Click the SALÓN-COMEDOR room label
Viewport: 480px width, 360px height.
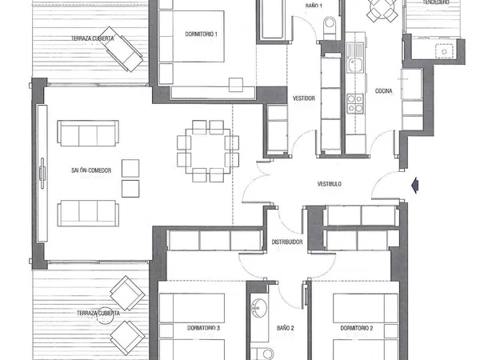(x=91, y=170)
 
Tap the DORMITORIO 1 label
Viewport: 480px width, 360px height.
(x=201, y=34)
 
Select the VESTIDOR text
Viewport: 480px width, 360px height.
(x=304, y=98)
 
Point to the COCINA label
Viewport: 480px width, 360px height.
(x=383, y=91)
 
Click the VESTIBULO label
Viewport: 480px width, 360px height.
(x=330, y=184)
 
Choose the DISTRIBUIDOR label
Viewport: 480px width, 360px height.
(x=287, y=242)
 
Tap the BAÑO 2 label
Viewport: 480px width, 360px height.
(x=286, y=328)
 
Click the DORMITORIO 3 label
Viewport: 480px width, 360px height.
(x=203, y=328)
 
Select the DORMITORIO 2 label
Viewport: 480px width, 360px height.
(x=357, y=328)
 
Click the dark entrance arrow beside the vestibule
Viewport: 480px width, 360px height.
(x=415, y=186)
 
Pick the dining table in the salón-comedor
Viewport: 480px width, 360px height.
(x=208, y=151)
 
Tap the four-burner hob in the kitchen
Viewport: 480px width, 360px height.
(x=355, y=103)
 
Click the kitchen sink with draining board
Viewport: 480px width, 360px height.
(x=355, y=58)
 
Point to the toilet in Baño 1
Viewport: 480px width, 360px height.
(x=330, y=27)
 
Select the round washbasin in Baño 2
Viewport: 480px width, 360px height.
(x=258, y=307)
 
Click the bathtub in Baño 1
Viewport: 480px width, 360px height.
(x=273, y=20)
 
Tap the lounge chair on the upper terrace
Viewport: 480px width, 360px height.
(x=122, y=49)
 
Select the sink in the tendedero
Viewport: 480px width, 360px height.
(x=444, y=51)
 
